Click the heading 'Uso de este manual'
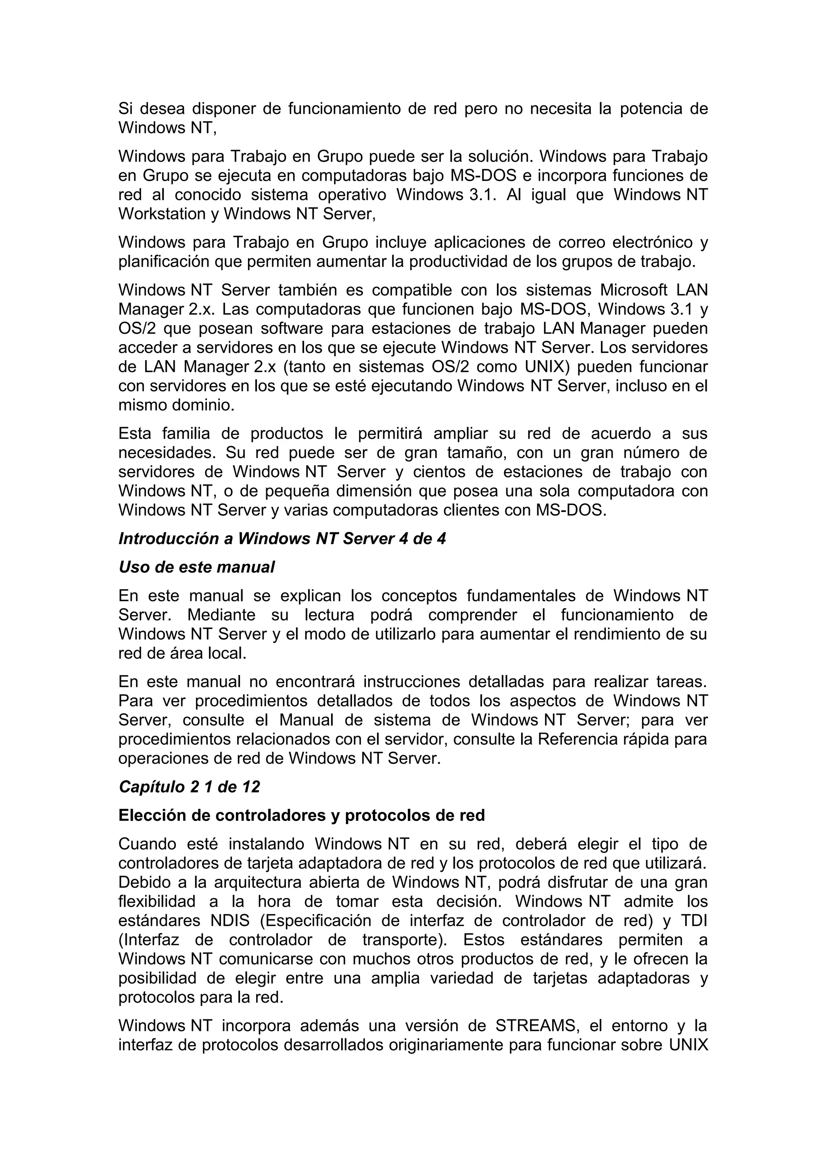click(x=196, y=567)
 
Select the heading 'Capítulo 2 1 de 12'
click(x=189, y=787)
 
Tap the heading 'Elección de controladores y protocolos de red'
click(x=301, y=816)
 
